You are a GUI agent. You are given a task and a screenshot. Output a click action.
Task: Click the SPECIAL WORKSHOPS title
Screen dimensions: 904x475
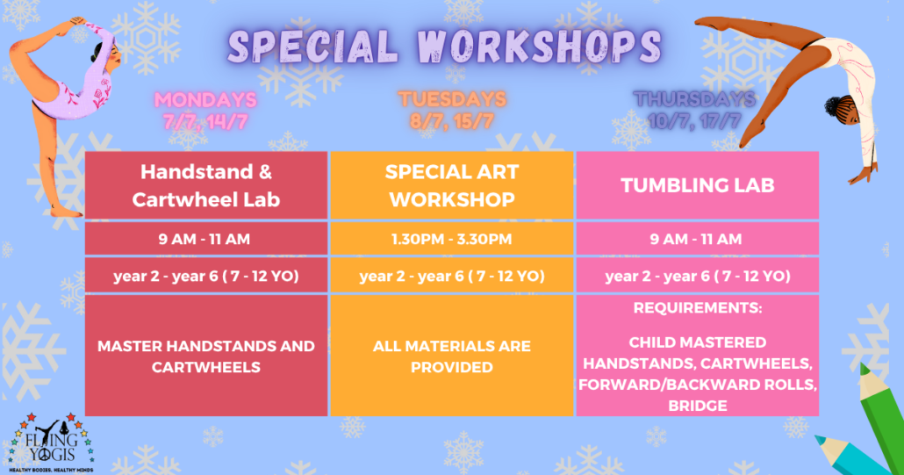pyautogui.click(x=444, y=46)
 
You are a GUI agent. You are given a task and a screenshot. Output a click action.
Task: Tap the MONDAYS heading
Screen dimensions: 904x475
pyautogui.click(x=205, y=100)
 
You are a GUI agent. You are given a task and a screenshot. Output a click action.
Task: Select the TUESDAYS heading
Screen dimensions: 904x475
pyautogui.click(x=452, y=99)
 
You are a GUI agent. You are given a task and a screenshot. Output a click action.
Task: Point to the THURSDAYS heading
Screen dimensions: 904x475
pyautogui.click(x=695, y=99)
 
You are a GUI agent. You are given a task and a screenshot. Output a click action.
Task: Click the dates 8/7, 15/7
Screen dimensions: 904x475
pyautogui.click(x=452, y=121)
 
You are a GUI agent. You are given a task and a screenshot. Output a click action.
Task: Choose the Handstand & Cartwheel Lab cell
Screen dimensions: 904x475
pyautogui.click(x=206, y=185)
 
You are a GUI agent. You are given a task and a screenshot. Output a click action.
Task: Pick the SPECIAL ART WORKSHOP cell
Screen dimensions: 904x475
pyautogui.click(x=451, y=185)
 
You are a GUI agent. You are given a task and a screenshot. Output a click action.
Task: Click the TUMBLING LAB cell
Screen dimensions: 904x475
pyautogui.click(x=698, y=185)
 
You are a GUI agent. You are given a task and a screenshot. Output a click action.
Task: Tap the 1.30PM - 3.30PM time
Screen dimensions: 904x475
pyautogui.click(x=451, y=239)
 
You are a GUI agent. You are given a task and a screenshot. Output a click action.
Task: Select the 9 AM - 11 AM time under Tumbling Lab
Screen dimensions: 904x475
pyautogui.click(x=696, y=239)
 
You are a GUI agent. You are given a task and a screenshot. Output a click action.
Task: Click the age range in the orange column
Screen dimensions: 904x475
pyautogui.click(x=452, y=276)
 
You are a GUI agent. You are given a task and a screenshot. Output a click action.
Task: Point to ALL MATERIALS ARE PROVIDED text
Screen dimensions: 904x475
pyautogui.click(x=451, y=356)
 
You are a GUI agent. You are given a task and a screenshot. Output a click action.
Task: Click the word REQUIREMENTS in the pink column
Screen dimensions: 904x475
pyautogui.click(x=698, y=308)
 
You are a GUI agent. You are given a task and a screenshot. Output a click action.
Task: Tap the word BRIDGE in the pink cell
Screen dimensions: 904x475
pyautogui.click(x=698, y=406)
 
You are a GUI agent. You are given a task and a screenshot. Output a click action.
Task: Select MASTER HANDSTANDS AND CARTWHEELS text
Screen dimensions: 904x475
pyautogui.click(x=206, y=356)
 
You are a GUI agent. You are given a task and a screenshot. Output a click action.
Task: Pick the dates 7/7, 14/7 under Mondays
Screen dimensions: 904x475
pyautogui.click(x=205, y=122)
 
